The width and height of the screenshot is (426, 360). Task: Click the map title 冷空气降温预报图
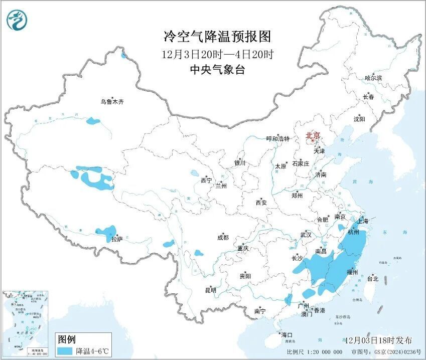(217, 37)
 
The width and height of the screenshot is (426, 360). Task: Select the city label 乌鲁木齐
(111, 102)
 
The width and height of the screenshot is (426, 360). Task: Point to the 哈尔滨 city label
(373, 78)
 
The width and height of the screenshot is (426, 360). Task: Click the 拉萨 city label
(117, 240)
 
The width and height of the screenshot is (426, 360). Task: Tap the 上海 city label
(362, 221)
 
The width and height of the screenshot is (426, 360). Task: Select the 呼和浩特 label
(277, 139)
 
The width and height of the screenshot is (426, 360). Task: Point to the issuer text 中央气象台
(217, 71)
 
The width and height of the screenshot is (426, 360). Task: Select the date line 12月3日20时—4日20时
(217, 54)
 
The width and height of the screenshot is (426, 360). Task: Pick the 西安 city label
(261, 203)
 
